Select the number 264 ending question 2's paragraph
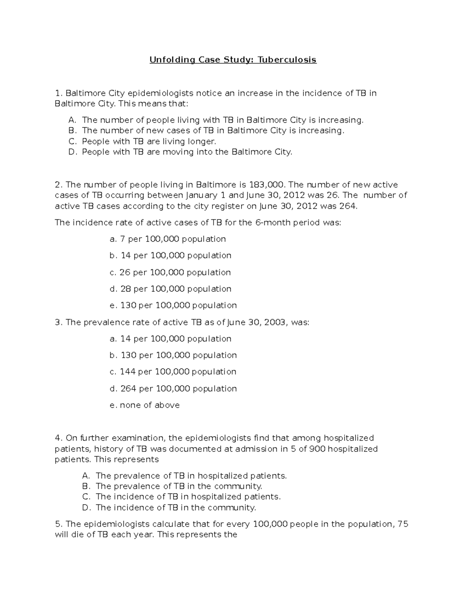(x=347, y=206)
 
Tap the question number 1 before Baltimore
(x=58, y=93)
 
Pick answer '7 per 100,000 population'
(x=168, y=239)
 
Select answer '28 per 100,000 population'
(x=170, y=289)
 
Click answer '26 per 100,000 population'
(x=170, y=273)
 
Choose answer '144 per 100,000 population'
(x=173, y=372)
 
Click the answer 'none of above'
(x=145, y=405)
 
